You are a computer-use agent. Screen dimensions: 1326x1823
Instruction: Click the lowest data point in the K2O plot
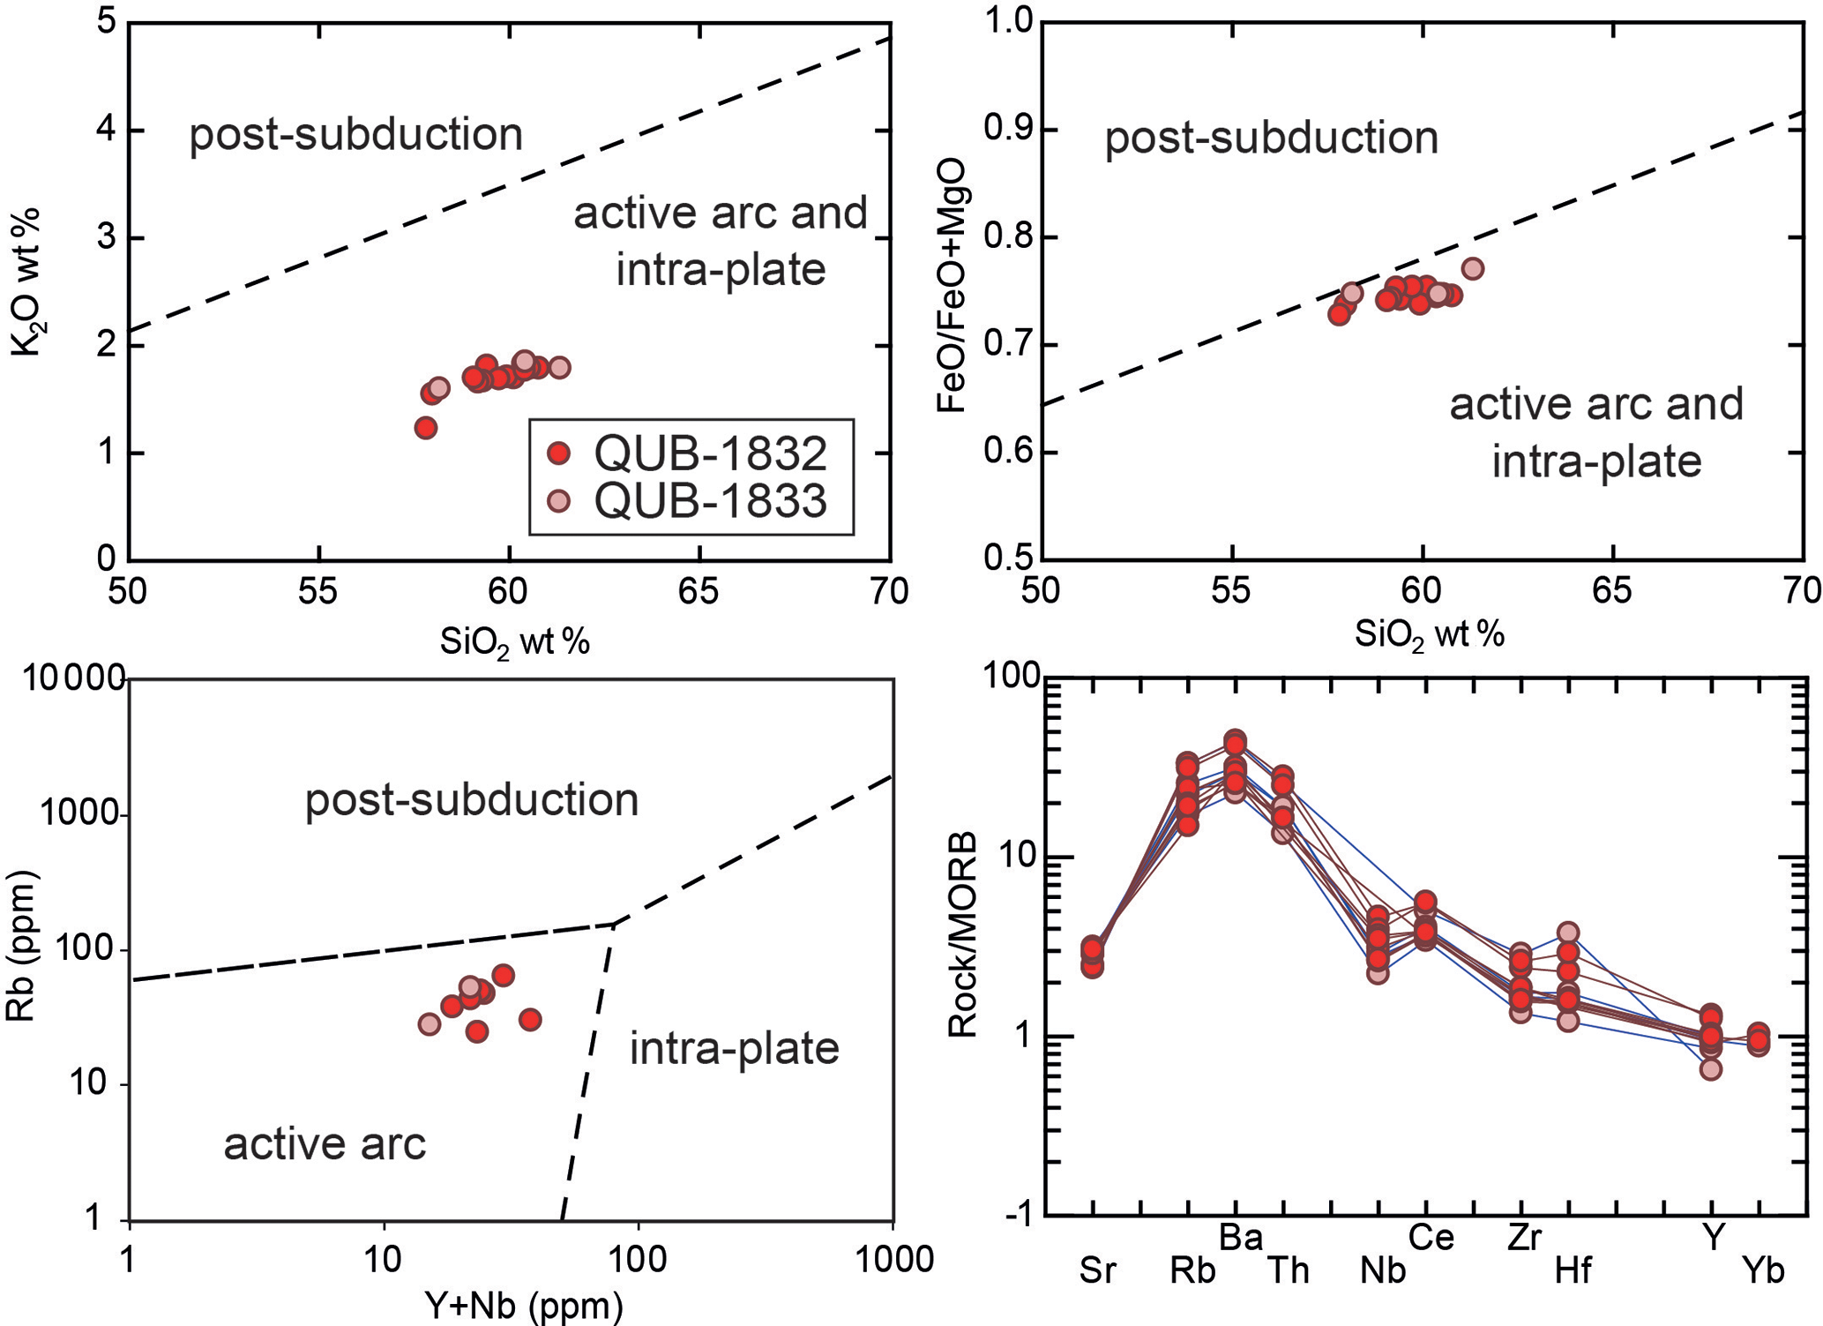pos(426,428)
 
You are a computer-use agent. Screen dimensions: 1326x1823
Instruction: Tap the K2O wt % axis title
pos(26,282)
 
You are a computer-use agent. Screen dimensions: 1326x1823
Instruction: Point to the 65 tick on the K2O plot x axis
pos(699,591)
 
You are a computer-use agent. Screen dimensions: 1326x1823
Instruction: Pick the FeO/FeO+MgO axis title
pos(953,286)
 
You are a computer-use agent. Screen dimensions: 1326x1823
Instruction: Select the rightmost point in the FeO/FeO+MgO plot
pos(1472,268)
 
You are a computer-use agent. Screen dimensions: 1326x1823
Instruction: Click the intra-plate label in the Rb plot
pos(734,1049)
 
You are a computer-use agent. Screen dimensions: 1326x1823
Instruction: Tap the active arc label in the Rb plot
pos(325,1144)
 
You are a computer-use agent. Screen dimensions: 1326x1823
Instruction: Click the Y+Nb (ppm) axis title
pos(524,1305)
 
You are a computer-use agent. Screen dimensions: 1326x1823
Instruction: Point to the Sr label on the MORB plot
pos(1098,1271)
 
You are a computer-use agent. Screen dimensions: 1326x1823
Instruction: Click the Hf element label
pos(1573,1271)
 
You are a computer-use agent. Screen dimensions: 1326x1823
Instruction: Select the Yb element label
pos(1763,1271)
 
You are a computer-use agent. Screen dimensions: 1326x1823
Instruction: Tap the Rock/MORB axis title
pos(963,934)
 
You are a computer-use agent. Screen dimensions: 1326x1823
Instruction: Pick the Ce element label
pos(1431,1238)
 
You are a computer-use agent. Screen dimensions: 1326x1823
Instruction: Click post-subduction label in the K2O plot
pos(355,135)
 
